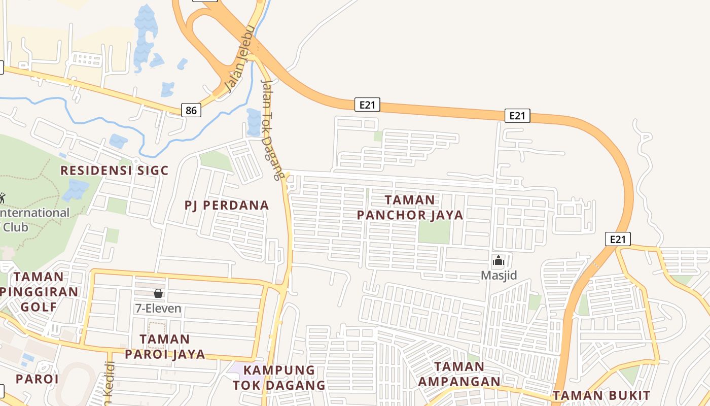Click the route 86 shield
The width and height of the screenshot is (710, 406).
191,110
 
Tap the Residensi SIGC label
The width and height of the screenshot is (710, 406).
114,171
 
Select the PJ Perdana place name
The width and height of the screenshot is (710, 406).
227,206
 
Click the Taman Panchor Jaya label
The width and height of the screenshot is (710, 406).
410,208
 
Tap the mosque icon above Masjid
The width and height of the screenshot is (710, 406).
499,261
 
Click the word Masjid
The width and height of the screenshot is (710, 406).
499,276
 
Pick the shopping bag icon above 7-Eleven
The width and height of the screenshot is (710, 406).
158,293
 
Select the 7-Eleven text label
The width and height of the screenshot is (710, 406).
158,308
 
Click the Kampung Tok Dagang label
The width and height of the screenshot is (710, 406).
279,378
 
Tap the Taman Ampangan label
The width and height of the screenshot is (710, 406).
459,374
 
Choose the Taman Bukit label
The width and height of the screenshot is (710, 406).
601,395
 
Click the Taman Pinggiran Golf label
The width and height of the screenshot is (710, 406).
39,292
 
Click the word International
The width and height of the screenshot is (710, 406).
35,213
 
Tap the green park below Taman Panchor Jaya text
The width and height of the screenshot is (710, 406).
434,232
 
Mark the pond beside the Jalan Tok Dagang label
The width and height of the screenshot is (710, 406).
254,122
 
